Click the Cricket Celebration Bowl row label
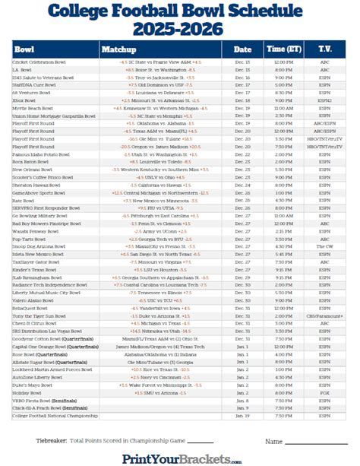pos(42,62)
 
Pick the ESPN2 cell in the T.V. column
pos(325,100)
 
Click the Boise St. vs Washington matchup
pos(163,68)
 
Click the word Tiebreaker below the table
pos(52,440)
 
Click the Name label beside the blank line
pos(274,440)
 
